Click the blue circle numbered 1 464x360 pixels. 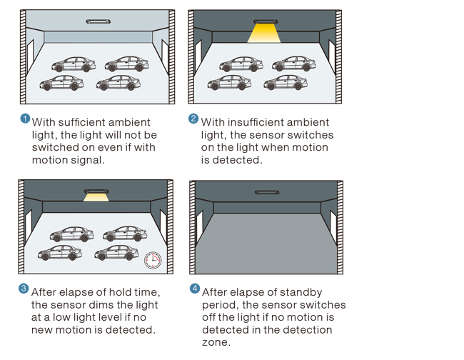pos(25,119)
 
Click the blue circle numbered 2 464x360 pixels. pos(193,119)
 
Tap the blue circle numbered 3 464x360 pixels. pos(24,289)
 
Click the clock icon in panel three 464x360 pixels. pos(152,260)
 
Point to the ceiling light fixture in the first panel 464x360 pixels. pos(98,21)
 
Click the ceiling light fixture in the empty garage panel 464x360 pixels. pos(267,191)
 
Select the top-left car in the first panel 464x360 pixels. pos(74,64)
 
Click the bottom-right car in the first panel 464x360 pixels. pos(118,83)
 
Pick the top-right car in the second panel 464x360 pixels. pos(294,64)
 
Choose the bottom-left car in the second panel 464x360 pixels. pos(229,83)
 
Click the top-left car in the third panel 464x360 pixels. pos(72,234)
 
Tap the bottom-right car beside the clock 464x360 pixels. pos(117,252)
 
